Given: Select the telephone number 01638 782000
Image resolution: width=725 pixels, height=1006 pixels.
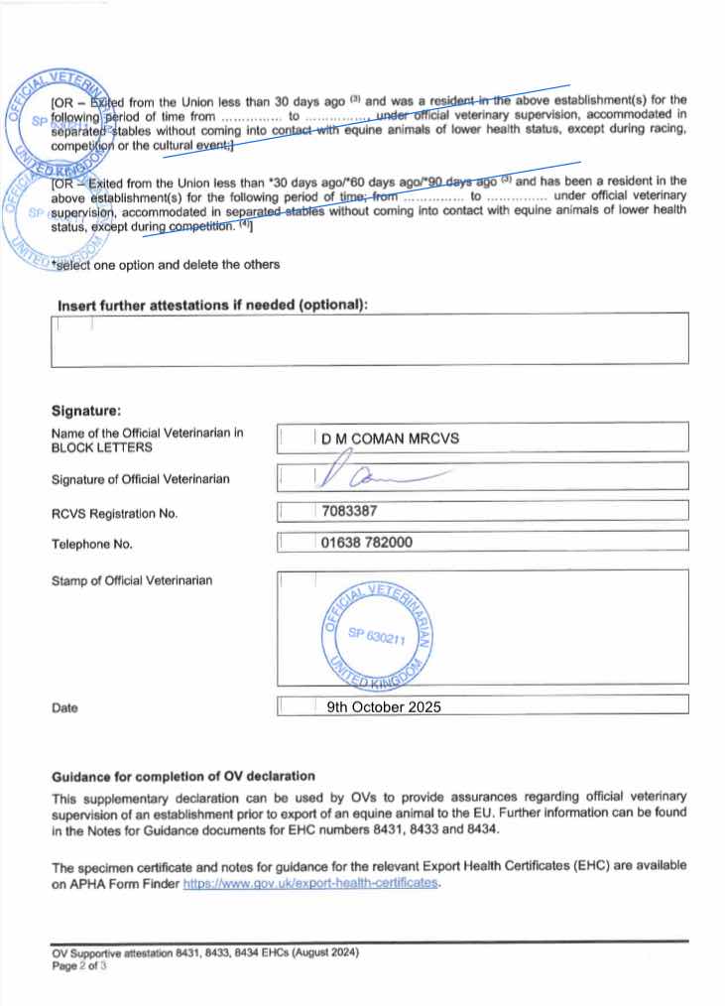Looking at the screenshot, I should pyautogui.click(x=367, y=543).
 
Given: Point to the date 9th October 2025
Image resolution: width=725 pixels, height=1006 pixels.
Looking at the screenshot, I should pyautogui.click(x=383, y=707).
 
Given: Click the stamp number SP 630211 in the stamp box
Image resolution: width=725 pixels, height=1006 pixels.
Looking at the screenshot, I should pyautogui.click(x=378, y=639).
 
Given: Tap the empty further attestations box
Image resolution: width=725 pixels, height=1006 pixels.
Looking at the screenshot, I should pyautogui.click(x=369, y=339).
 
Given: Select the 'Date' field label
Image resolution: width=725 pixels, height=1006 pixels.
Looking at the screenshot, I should pyautogui.click(x=64, y=708).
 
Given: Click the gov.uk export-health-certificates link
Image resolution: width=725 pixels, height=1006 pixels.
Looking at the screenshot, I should pyautogui.click(x=310, y=883).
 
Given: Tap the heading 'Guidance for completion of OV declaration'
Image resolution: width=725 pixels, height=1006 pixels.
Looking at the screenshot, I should pyautogui.click(x=183, y=776).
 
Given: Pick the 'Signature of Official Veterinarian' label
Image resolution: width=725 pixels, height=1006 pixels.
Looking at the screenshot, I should pyautogui.click(x=141, y=479).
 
